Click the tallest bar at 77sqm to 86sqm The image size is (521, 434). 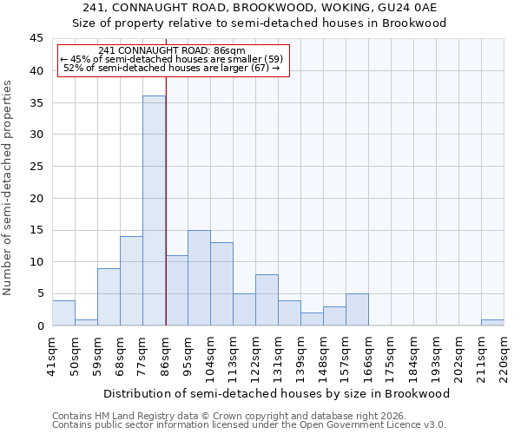(x=154, y=211)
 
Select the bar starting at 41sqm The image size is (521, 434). (x=63, y=312)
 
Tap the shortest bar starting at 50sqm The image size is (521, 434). (x=86, y=322)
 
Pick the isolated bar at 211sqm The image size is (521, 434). (x=492, y=322)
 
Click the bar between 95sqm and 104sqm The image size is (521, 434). (x=199, y=278)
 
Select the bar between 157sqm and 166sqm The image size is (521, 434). (x=357, y=309)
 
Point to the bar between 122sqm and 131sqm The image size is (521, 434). (x=267, y=299)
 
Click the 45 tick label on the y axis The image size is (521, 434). (x=36, y=39)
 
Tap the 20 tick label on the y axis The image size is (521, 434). (x=36, y=199)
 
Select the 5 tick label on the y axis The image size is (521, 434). (x=40, y=294)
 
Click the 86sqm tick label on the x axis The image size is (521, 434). (x=165, y=355)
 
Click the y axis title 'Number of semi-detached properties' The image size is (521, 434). (x=9, y=187)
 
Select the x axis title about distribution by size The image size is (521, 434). (x=278, y=393)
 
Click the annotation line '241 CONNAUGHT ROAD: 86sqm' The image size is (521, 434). (x=172, y=50)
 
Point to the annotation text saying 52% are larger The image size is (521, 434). (x=172, y=68)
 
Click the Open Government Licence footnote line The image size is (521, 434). (x=249, y=425)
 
